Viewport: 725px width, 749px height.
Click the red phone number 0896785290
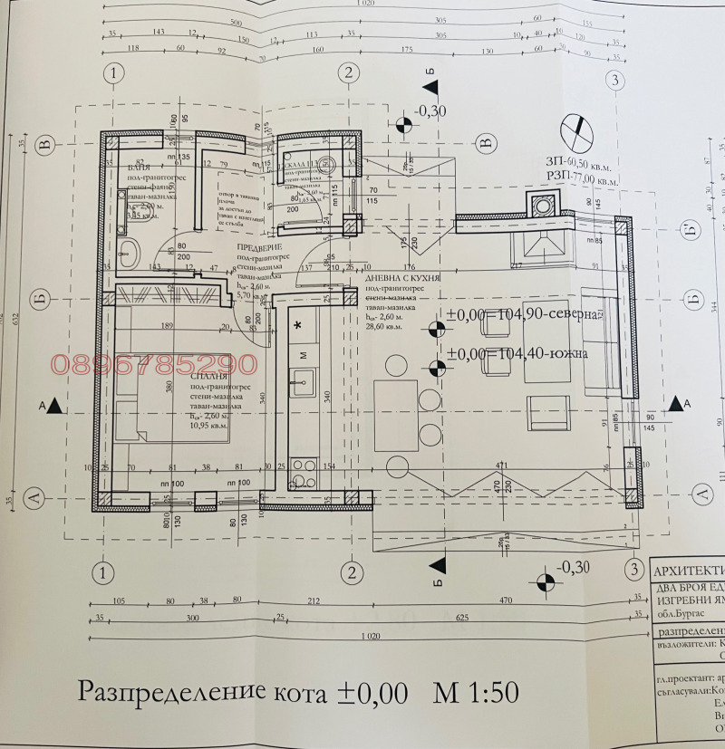154,365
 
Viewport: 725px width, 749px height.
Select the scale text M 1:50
476,693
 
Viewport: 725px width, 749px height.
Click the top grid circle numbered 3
615,81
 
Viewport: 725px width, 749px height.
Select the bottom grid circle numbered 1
105,572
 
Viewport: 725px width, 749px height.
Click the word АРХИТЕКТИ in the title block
689,571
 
